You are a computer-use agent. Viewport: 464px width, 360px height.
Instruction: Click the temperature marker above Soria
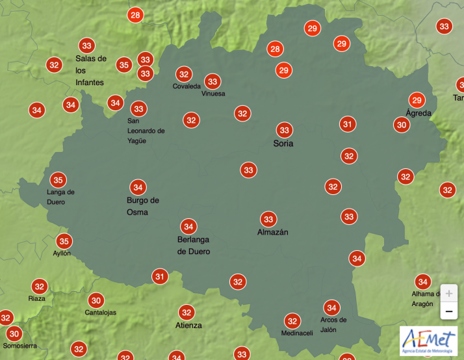click(284, 129)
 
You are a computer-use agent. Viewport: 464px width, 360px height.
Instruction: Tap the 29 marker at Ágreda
click(417, 100)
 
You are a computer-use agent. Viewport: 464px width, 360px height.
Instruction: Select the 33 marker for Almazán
click(268, 219)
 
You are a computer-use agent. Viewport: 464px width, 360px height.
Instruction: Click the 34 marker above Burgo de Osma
click(137, 187)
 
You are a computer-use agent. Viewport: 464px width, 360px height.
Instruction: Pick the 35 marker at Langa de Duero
click(58, 180)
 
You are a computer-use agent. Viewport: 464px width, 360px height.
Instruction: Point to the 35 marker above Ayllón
click(64, 241)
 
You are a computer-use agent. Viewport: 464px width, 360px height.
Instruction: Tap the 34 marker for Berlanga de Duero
click(188, 226)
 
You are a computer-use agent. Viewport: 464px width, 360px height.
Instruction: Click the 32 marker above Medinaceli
click(292, 320)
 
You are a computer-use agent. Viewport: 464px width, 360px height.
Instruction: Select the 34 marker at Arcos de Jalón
click(332, 307)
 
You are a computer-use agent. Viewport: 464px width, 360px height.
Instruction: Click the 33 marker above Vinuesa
click(213, 81)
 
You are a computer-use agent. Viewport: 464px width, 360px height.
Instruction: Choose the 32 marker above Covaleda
click(184, 74)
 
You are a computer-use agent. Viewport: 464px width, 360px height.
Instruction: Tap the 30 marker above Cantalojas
click(96, 300)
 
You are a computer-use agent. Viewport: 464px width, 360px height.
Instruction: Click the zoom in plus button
click(448, 293)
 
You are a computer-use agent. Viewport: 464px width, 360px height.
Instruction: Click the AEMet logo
click(428, 341)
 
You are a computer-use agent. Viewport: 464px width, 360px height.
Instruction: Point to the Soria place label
click(283, 144)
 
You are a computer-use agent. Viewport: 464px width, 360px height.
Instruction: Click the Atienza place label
click(188, 325)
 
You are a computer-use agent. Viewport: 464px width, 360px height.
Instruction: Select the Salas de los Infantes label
click(91, 70)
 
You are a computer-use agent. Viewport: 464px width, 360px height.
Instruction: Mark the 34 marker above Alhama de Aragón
click(423, 281)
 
